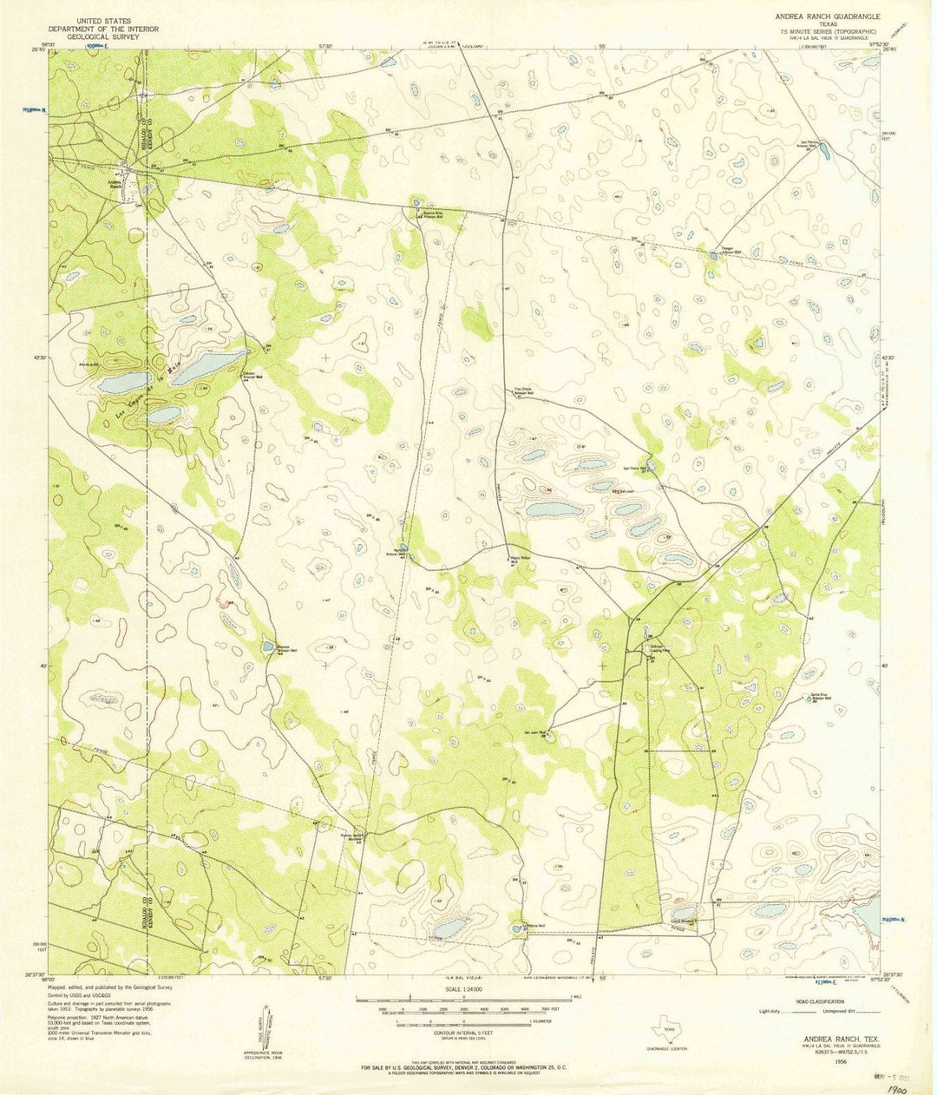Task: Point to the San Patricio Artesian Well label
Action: [809, 145]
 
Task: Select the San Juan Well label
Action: [533, 732]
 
